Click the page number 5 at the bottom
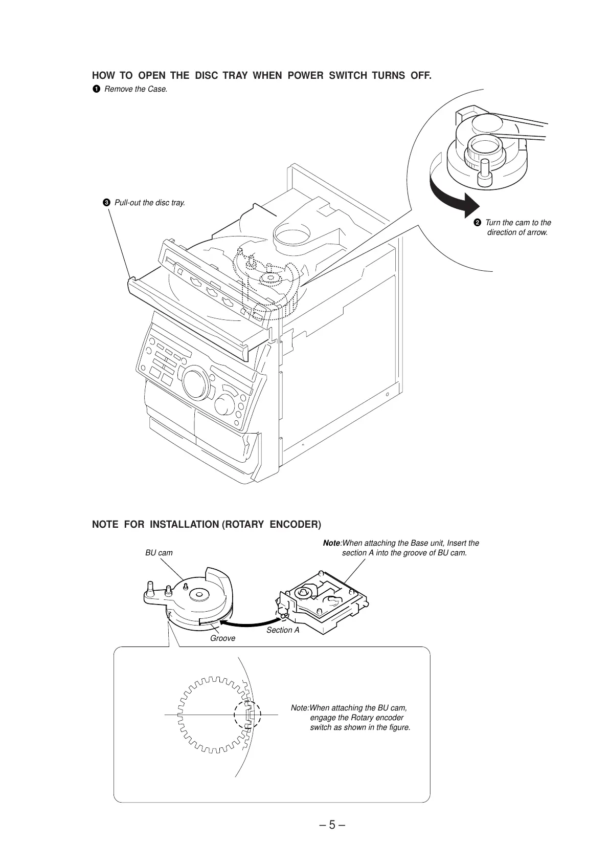[x=332, y=825]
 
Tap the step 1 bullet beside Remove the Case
[x=96, y=90]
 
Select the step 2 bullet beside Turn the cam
[x=477, y=223]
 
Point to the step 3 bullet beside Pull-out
[x=106, y=203]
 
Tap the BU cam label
[x=159, y=553]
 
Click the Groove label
[x=222, y=638]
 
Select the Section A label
[x=282, y=630]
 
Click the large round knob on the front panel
[x=195, y=381]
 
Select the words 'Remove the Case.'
[x=136, y=90]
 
